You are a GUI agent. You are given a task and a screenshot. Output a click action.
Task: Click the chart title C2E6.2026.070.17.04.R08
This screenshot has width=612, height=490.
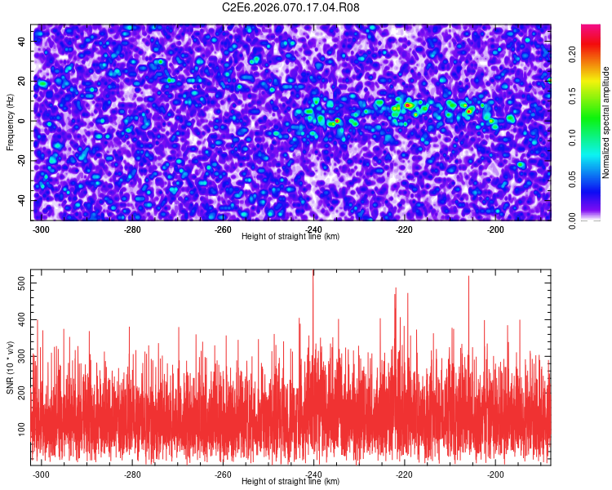[x=291, y=7]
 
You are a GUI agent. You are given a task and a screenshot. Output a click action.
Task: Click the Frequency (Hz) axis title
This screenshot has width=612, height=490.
[x=10, y=121]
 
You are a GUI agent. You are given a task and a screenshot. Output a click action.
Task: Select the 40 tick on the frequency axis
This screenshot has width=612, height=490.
[x=22, y=40]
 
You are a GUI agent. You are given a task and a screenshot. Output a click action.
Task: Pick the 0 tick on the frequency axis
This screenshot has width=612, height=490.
[x=25, y=121]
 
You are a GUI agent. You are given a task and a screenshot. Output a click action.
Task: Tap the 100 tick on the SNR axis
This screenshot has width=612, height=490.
[x=21, y=427]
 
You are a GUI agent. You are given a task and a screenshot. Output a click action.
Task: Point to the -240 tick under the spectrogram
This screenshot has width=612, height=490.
[x=314, y=229]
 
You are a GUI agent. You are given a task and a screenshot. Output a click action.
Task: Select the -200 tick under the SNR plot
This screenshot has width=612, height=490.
[x=495, y=474]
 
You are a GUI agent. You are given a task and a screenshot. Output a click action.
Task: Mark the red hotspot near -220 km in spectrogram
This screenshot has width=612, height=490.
[x=408, y=105]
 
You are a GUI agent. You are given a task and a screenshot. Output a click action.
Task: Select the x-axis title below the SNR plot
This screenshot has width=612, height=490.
[x=290, y=482]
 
